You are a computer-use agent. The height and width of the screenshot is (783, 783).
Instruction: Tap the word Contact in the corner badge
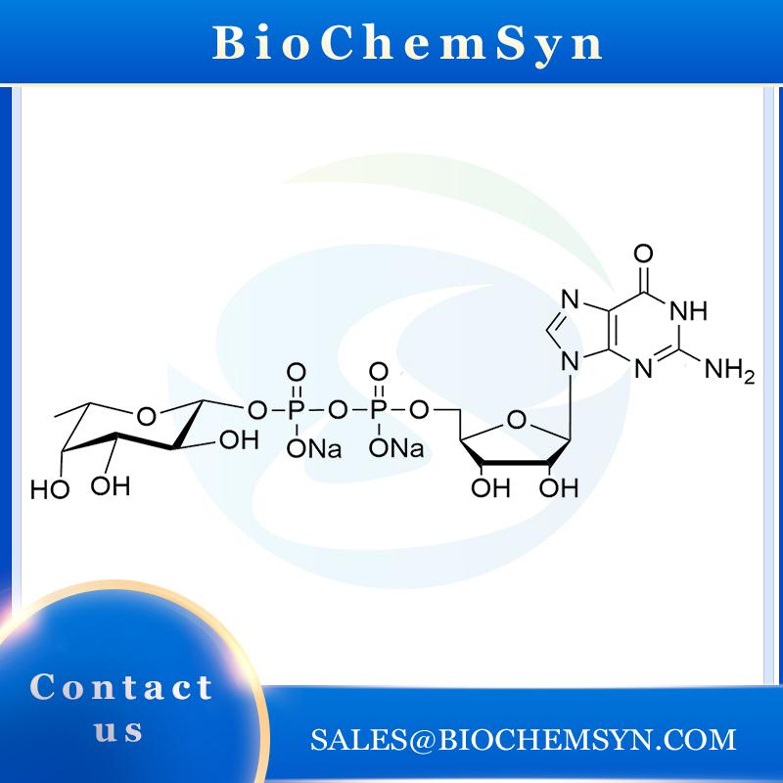(121, 687)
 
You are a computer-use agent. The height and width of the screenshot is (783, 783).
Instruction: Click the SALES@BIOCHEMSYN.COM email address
(523, 740)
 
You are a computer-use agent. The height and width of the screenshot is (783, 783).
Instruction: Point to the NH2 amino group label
(730, 373)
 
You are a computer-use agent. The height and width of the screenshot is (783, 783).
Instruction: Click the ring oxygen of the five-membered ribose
(518, 424)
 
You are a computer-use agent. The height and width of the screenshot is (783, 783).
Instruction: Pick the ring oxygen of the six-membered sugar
(145, 418)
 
